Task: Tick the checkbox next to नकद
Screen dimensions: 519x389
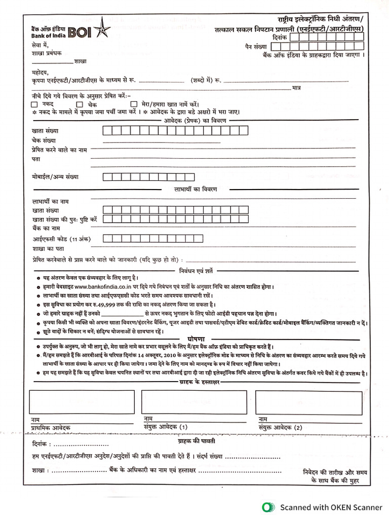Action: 34,104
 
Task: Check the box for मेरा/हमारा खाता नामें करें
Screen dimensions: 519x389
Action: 134,104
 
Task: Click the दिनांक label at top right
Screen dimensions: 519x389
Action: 279,38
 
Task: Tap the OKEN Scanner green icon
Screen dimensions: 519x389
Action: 266,507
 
